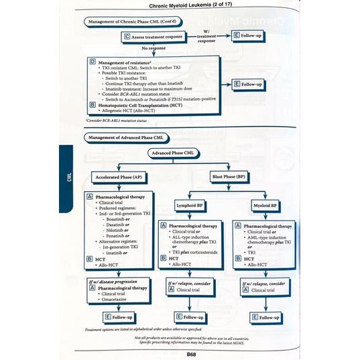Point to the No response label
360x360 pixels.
tap(154, 48)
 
